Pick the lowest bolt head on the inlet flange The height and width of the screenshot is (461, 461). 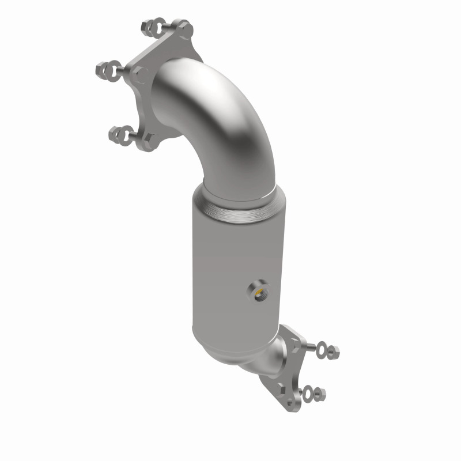[150, 141]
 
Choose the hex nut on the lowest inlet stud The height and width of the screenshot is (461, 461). [113, 134]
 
